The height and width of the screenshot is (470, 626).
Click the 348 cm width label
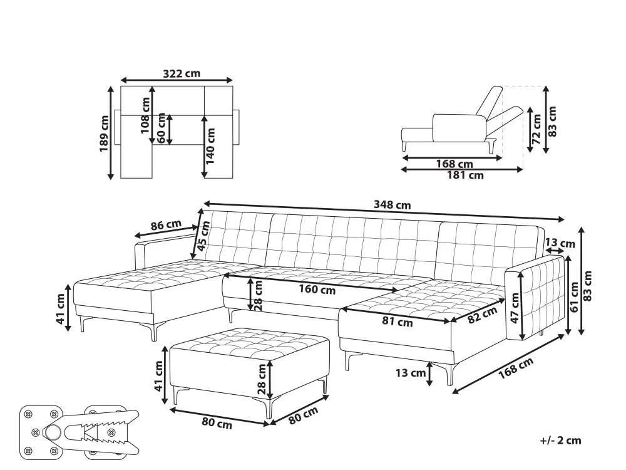click(392, 205)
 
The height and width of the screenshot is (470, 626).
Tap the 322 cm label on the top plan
click(182, 73)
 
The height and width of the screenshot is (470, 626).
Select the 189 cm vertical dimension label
click(104, 133)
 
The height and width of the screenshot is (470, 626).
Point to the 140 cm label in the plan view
click(210, 146)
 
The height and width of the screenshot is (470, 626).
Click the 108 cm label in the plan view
click(145, 115)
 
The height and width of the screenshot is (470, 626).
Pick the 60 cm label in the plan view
click(162, 127)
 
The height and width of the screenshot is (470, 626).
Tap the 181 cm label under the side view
click(465, 175)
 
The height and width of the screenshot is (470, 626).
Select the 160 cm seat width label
click(317, 290)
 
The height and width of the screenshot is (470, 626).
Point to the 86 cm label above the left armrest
click(166, 225)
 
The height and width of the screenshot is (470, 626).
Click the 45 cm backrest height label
click(203, 236)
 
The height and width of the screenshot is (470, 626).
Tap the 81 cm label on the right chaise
click(398, 321)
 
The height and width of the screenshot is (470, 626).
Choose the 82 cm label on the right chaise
click(482, 315)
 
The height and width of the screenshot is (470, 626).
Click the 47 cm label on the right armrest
click(515, 308)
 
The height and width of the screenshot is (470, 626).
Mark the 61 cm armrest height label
click(575, 297)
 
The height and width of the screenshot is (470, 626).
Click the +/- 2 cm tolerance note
click(560, 441)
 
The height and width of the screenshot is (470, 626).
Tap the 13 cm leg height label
click(411, 373)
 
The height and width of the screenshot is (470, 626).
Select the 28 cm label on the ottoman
click(262, 379)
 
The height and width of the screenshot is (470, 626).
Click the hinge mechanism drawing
click(80, 431)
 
